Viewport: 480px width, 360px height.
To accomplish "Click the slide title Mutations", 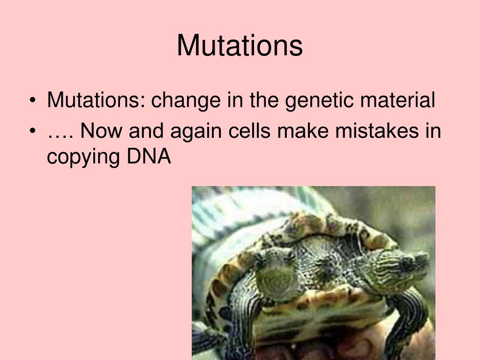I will pyautogui.click(x=240, y=46).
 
